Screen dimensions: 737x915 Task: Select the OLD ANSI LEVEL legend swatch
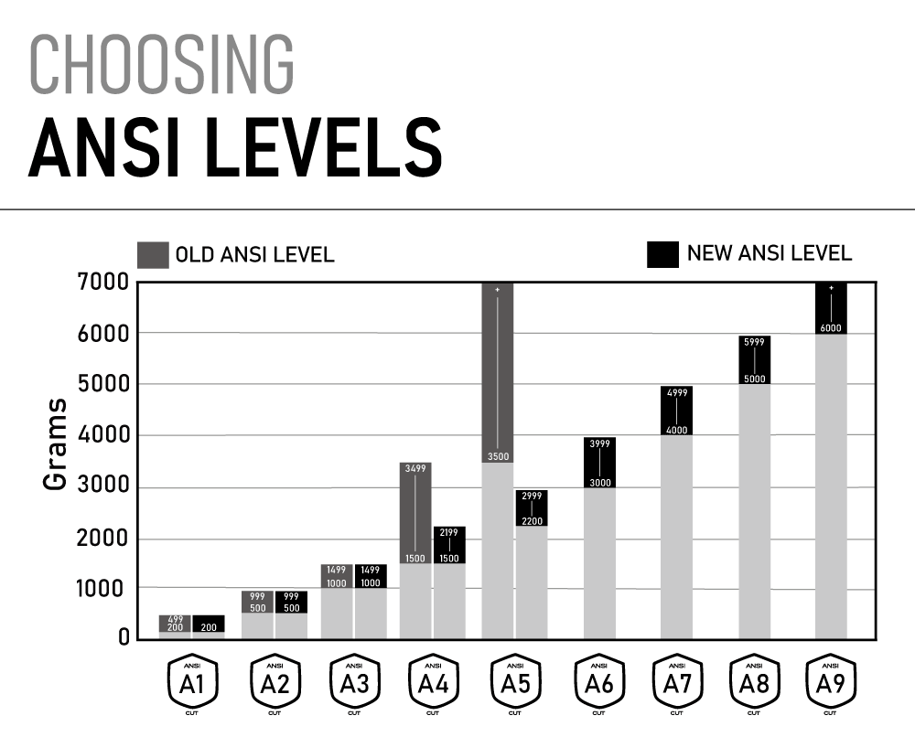[x=153, y=255]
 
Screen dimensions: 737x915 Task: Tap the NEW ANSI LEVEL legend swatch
[x=662, y=254]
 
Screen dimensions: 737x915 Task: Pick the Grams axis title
[x=57, y=443]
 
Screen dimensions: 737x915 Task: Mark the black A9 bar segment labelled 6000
[x=831, y=309]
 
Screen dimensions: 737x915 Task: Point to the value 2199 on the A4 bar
[x=449, y=532]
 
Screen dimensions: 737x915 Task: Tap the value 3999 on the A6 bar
[x=600, y=444]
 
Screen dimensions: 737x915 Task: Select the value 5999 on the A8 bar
[x=754, y=343]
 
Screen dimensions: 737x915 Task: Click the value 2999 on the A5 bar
[x=532, y=496]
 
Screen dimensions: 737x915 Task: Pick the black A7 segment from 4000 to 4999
[x=676, y=411]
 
